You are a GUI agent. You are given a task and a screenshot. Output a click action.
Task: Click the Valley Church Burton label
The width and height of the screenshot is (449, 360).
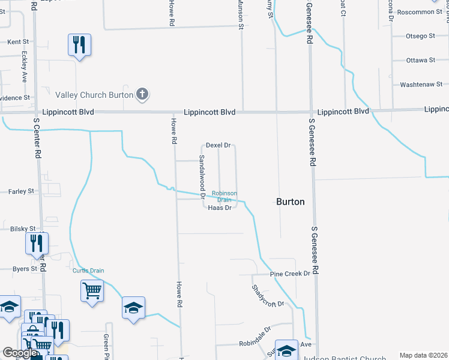point(94,95)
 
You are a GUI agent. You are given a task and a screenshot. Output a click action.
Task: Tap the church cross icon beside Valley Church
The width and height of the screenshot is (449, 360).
point(142,94)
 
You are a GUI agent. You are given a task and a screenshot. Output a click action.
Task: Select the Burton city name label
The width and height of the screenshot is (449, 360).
point(290,202)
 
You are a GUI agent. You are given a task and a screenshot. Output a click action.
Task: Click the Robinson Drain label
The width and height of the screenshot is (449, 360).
point(224,196)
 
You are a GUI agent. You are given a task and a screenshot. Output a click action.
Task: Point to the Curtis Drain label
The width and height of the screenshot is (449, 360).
point(88,271)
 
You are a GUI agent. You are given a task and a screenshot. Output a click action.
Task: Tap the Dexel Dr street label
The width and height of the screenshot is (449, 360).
point(218,145)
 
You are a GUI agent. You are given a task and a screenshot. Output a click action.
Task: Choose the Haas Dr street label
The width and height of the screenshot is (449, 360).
point(220,208)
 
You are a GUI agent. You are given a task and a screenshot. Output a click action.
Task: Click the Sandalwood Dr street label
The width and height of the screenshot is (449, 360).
point(202,176)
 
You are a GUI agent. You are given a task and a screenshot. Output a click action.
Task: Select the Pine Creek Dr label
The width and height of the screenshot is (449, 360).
point(290,274)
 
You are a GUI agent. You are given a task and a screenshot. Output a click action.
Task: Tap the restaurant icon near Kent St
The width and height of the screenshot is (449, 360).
point(79,45)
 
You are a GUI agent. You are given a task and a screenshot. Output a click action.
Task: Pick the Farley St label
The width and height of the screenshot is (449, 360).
point(22,191)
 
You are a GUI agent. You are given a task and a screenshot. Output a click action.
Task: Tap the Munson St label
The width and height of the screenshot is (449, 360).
point(242,16)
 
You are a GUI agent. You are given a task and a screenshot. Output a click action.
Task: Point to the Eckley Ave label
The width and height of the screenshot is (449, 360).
point(25,66)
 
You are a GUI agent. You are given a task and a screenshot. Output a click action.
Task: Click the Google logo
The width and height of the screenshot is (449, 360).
point(20,353)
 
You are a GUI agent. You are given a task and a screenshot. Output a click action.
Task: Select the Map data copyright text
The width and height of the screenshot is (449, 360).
point(423,355)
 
